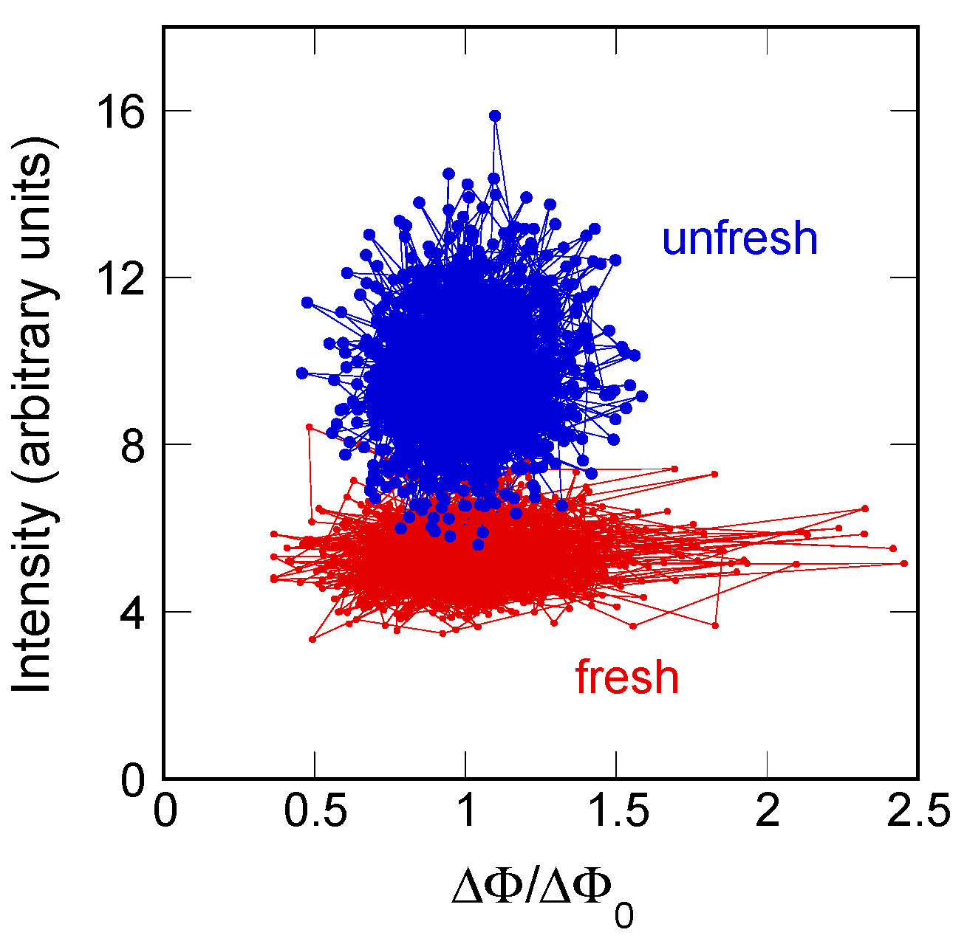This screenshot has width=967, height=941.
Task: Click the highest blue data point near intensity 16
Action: pos(495,116)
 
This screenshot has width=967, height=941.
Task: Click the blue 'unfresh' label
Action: pos(739,239)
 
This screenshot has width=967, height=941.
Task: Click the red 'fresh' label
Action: pos(626,678)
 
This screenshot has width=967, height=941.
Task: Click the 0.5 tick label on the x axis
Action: pos(315,813)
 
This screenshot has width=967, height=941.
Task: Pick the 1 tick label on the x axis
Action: pos(465,813)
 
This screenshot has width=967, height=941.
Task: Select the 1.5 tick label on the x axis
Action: pos(616,813)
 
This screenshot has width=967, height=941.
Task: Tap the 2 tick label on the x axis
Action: pos(768,813)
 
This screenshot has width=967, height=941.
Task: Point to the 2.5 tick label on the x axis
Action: pos(918,813)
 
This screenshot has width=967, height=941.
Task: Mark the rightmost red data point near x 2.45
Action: pos(903,563)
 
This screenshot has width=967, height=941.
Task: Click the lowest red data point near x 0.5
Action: pos(312,639)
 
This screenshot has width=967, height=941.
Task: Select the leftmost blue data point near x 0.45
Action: pos(301,373)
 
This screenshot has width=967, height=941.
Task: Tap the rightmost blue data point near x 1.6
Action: pos(641,396)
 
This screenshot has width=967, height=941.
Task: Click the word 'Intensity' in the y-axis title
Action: pos(35,598)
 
